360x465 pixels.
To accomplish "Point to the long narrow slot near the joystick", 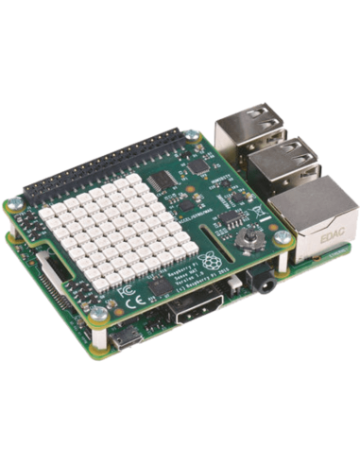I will [x=210, y=248].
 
